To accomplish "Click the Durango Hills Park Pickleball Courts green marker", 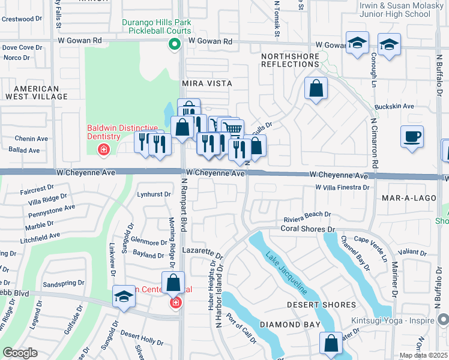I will (x=175, y=43).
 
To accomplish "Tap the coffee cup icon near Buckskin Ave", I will (x=412, y=137).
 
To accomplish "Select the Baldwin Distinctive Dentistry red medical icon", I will (x=104, y=149).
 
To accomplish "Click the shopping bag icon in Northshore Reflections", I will (x=316, y=89).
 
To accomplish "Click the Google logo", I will (x=20, y=352).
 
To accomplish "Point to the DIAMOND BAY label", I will (x=286, y=325).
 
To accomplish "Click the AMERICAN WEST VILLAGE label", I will (x=36, y=92).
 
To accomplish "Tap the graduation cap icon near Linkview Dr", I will (x=124, y=297).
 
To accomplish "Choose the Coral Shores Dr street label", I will (x=306, y=229).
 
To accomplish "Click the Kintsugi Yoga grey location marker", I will (x=443, y=319).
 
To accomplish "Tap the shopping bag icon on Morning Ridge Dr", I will (x=173, y=283).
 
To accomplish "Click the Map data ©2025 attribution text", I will (x=423, y=355).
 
